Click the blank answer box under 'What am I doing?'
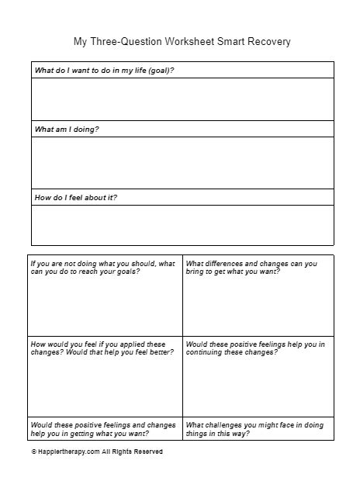182,162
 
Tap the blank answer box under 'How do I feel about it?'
182,224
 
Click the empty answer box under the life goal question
182,99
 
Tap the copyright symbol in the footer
33,451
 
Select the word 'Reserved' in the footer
147,451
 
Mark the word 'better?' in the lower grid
159,352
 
